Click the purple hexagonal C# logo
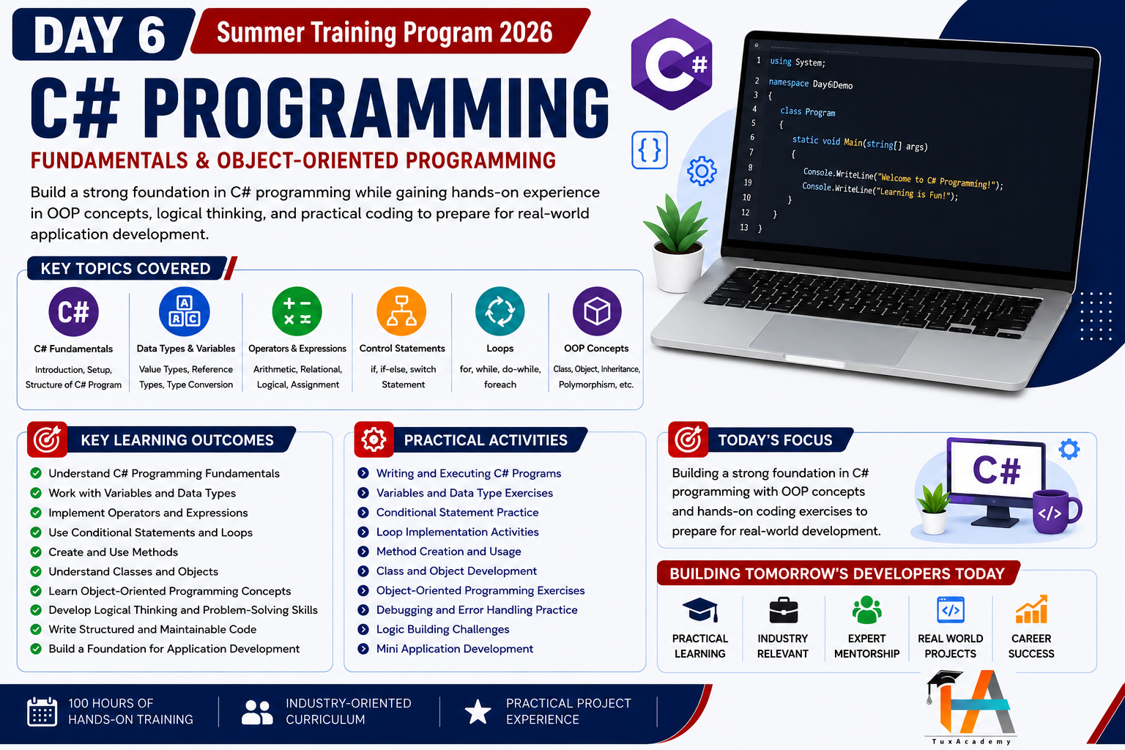(x=672, y=64)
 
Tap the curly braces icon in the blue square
(x=650, y=150)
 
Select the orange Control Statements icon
(x=401, y=311)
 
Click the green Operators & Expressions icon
(x=297, y=311)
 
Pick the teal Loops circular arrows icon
(x=500, y=311)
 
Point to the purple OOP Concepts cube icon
(x=597, y=311)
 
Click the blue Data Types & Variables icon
(x=185, y=311)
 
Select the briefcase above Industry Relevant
(x=783, y=610)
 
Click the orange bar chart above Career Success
(x=1031, y=609)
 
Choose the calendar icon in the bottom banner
(x=42, y=711)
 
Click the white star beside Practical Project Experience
(x=478, y=711)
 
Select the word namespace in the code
(x=789, y=82)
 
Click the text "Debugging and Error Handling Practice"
(x=477, y=610)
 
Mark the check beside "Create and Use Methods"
(x=36, y=552)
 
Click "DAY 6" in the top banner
(x=100, y=34)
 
